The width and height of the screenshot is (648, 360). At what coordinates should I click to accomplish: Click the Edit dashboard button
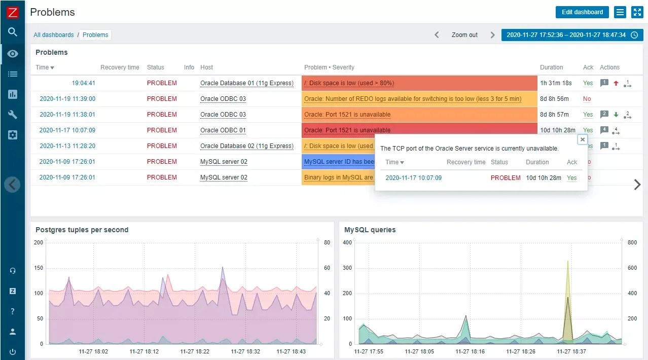[x=582, y=12]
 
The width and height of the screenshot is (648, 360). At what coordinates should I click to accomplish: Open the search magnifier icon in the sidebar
[x=13, y=32]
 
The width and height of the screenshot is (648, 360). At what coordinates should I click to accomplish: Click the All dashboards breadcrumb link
[x=54, y=35]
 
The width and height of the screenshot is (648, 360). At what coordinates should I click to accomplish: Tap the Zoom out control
[x=464, y=35]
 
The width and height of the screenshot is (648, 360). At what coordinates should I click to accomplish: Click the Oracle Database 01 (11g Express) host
[x=247, y=83]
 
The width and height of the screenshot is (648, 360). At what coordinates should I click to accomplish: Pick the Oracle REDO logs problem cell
[x=419, y=99]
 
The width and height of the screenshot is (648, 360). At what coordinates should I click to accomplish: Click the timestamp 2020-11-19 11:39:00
[x=67, y=99]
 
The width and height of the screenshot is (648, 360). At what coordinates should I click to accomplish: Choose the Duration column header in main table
[x=551, y=67]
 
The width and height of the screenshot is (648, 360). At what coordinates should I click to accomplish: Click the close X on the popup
[x=583, y=139]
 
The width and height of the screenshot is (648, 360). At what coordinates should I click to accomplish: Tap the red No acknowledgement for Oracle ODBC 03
[x=587, y=99]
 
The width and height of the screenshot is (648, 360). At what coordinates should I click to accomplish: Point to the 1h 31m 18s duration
[x=556, y=83]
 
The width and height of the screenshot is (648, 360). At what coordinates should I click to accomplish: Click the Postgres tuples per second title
[x=82, y=230]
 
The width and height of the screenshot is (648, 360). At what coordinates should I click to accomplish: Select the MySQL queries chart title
[x=370, y=230]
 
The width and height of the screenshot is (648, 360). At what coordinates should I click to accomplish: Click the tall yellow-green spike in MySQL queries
[x=568, y=284]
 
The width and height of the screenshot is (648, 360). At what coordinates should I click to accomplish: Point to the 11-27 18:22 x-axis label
[x=195, y=351]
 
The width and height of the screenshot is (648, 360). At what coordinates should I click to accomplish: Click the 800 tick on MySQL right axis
[x=632, y=243]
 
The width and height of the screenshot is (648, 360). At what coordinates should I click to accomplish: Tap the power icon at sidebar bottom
[x=13, y=352]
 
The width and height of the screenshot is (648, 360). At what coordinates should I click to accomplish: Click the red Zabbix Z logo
[x=13, y=13]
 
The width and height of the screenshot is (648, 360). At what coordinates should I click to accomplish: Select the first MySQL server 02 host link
[x=224, y=162]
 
